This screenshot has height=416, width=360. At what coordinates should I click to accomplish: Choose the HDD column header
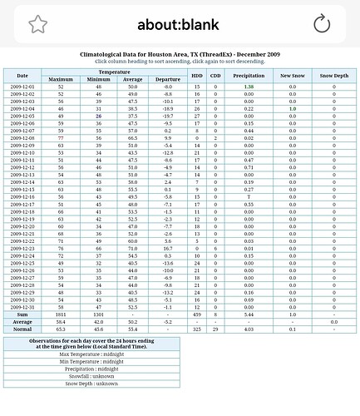click(x=197, y=76)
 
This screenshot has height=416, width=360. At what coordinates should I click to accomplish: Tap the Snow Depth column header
click(x=334, y=76)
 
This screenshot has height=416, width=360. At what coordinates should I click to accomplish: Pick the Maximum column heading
click(x=61, y=79)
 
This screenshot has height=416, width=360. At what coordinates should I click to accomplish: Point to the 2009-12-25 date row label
click(x=22, y=263)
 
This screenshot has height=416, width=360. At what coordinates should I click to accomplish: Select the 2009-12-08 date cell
click(x=22, y=138)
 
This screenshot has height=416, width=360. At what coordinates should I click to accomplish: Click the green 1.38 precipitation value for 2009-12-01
click(x=249, y=87)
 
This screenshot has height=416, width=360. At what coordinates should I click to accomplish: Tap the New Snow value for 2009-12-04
click(x=292, y=108)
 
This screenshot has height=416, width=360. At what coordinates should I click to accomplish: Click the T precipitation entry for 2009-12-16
click(x=249, y=196)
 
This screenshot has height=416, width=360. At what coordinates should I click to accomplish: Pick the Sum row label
click(x=22, y=314)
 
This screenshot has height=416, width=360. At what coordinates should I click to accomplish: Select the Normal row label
click(x=22, y=329)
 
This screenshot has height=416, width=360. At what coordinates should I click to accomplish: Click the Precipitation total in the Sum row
click(x=249, y=314)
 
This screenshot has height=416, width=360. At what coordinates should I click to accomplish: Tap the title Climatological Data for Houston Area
click(x=180, y=54)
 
